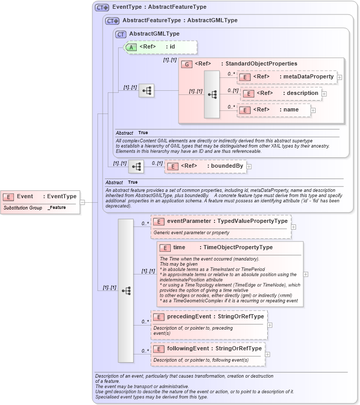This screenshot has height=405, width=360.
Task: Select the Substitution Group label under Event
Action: [x=22, y=207]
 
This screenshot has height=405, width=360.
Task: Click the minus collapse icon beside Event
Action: [x=82, y=202]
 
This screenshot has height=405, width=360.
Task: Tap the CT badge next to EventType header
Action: [x=102, y=7]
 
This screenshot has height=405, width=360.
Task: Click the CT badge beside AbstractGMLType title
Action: [x=121, y=34]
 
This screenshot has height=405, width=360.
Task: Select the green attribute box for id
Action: [x=160, y=47]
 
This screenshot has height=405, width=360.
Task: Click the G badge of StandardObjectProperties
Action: [x=186, y=63]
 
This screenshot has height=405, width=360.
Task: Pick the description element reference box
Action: [x=282, y=93]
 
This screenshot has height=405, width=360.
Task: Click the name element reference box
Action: [x=274, y=110]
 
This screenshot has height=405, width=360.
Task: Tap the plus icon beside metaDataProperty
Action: [x=339, y=77]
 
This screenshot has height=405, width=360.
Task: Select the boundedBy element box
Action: [x=205, y=166]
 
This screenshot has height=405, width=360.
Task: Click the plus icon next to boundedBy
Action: [x=249, y=167]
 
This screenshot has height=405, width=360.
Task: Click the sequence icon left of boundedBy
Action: [x=136, y=166]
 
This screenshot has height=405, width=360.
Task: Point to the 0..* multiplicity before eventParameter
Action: [x=145, y=223]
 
